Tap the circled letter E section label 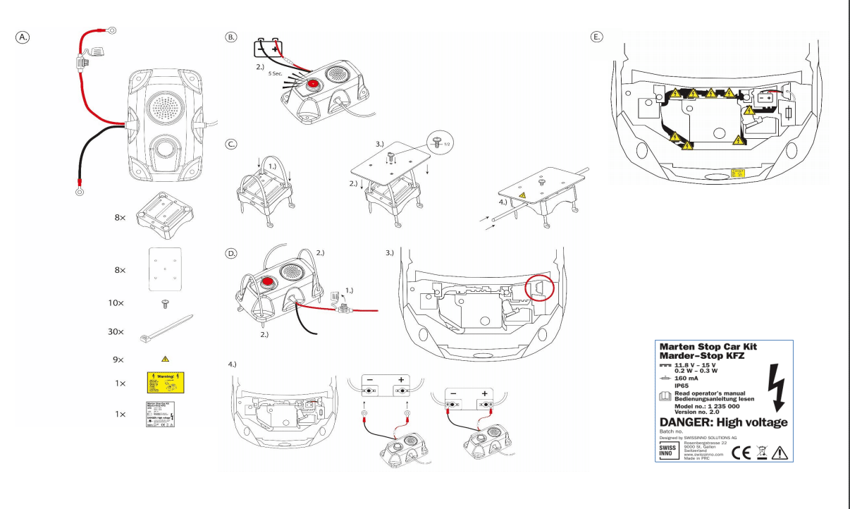[x=597, y=37]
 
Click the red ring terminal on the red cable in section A [x=111, y=30]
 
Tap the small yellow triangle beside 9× [x=166, y=359]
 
